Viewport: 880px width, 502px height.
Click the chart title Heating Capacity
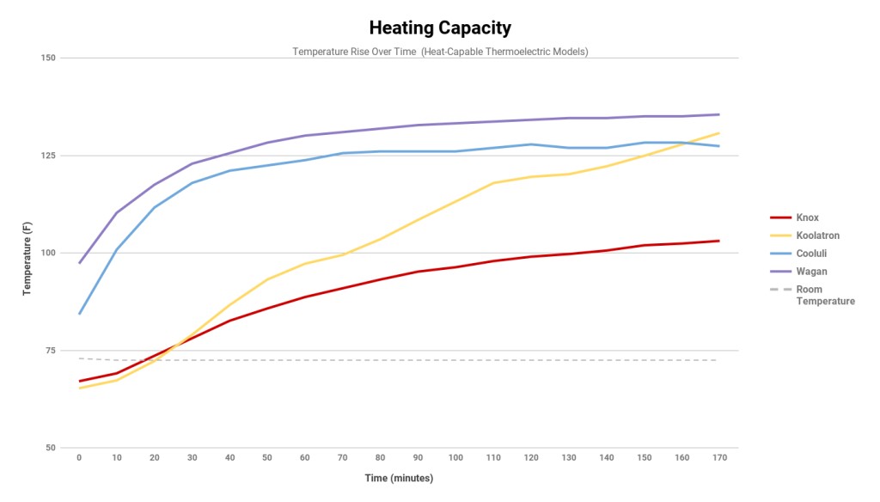[440, 28]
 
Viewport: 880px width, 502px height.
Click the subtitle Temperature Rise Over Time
[440, 52]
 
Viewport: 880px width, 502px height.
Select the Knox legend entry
[807, 217]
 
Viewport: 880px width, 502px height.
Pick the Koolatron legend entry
[817, 235]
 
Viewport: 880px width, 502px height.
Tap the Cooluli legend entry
[811, 254]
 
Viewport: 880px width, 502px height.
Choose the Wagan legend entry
[811, 272]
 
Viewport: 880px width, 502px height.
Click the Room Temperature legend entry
[824, 295]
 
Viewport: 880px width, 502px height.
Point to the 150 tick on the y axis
[47, 58]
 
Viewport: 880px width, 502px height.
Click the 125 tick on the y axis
[47, 156]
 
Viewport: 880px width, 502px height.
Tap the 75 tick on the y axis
[50, 351]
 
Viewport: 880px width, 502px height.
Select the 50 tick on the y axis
[50, 448]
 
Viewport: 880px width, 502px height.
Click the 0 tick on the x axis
[79, 457]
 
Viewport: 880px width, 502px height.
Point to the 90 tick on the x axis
[418, 457]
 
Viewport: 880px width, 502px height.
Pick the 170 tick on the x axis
[719, 457]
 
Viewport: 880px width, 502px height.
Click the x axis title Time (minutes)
[399, 478]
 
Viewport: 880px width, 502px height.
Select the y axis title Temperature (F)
[27, 253]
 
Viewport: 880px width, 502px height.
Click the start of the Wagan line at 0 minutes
[79, 263]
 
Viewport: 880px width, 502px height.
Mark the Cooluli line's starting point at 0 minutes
[79, 314]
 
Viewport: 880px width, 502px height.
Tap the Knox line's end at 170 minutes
[718, 241]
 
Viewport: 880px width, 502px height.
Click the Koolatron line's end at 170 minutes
[718, 133]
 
